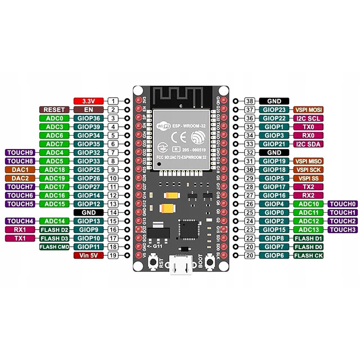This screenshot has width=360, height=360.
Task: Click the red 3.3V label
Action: coord(89,101)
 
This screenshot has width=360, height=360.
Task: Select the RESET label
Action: coord(54,110)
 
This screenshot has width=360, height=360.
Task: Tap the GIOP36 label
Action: coord(89,118)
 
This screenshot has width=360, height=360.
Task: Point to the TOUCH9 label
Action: coord(20,152)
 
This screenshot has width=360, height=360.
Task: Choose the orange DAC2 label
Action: coord(20,178)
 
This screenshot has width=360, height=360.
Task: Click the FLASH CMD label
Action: coord(54,247)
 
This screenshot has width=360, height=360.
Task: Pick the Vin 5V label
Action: coord(89,255)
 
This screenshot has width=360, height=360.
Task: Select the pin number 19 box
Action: coord(113,255)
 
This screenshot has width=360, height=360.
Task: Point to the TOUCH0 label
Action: coord(342,204)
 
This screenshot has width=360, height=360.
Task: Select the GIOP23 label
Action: coord(274,110)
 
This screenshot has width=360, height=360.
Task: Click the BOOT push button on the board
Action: coord(208,262)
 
